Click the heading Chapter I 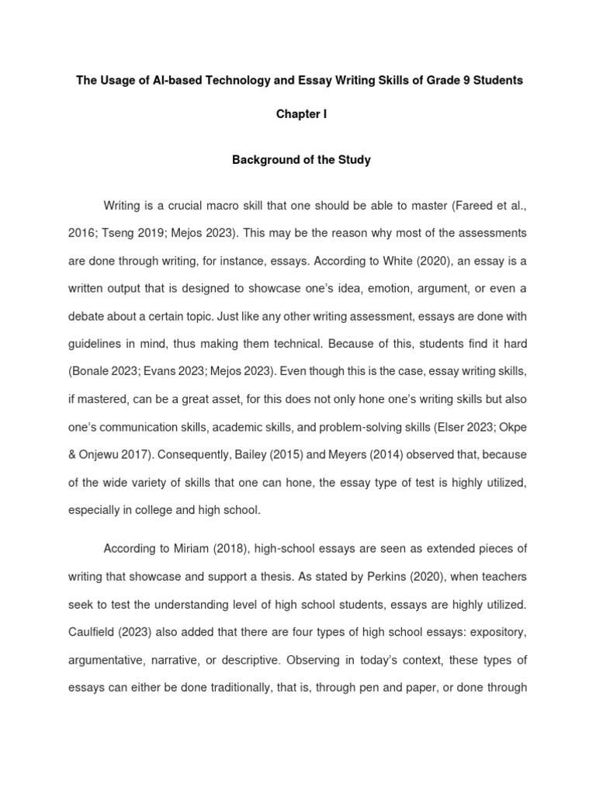(x=302, y=114)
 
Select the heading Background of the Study (x=302, y=160)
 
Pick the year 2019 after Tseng (x=137, y=232)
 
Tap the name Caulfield (x=95, y=631)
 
